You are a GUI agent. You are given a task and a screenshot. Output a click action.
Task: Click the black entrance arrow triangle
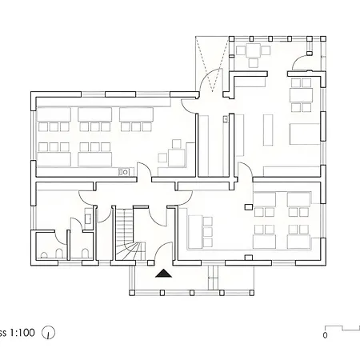(163, 273)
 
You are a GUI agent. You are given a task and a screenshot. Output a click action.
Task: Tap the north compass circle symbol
(49, 332)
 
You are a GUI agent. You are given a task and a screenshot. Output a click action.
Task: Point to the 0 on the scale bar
(325, 336)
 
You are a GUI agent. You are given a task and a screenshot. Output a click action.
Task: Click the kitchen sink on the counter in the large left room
(124, 171)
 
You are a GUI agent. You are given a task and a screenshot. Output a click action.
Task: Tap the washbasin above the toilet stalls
(89, 216)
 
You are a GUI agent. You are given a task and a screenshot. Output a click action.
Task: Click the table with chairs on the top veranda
(254, 54)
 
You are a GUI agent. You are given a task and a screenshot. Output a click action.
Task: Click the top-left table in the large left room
(54, 115)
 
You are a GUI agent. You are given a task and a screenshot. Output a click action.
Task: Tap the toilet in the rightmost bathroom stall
(84, 254)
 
